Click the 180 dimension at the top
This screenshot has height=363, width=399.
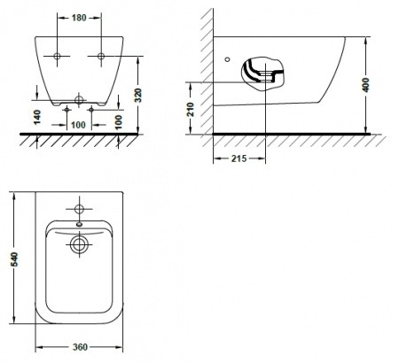pyautogui.click(x=79, y=18)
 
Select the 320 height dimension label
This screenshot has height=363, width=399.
pyautogui.click(x=138, y=95)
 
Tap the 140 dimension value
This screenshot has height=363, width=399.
pyautogui.click(x=37, y=117)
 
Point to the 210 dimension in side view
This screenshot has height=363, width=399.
pyautogui.click(x=191, y=109)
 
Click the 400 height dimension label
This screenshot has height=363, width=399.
pyautogui.click(x=366, y=85)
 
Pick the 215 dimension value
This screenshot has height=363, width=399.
pyautogui.click(x=239, y=158)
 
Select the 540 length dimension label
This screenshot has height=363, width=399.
pyautogui.click(x=14, y=259)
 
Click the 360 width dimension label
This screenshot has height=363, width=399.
pyautogui.click(x=80, y=347)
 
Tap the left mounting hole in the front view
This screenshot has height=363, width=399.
pyautogui.click(x=57, y=56)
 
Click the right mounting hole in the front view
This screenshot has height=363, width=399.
pyautogui.click(x=101, y=56)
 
